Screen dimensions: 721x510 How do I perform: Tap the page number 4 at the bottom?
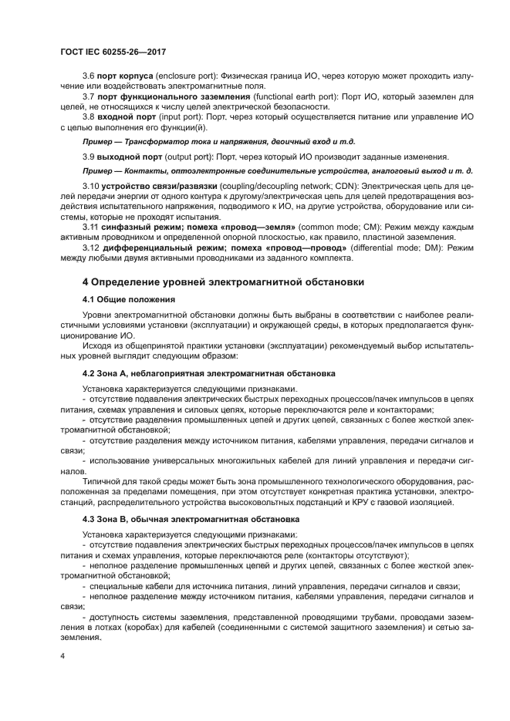62,655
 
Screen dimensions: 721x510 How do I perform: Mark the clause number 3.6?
87,79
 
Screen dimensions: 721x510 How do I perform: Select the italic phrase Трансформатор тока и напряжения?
184,143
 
